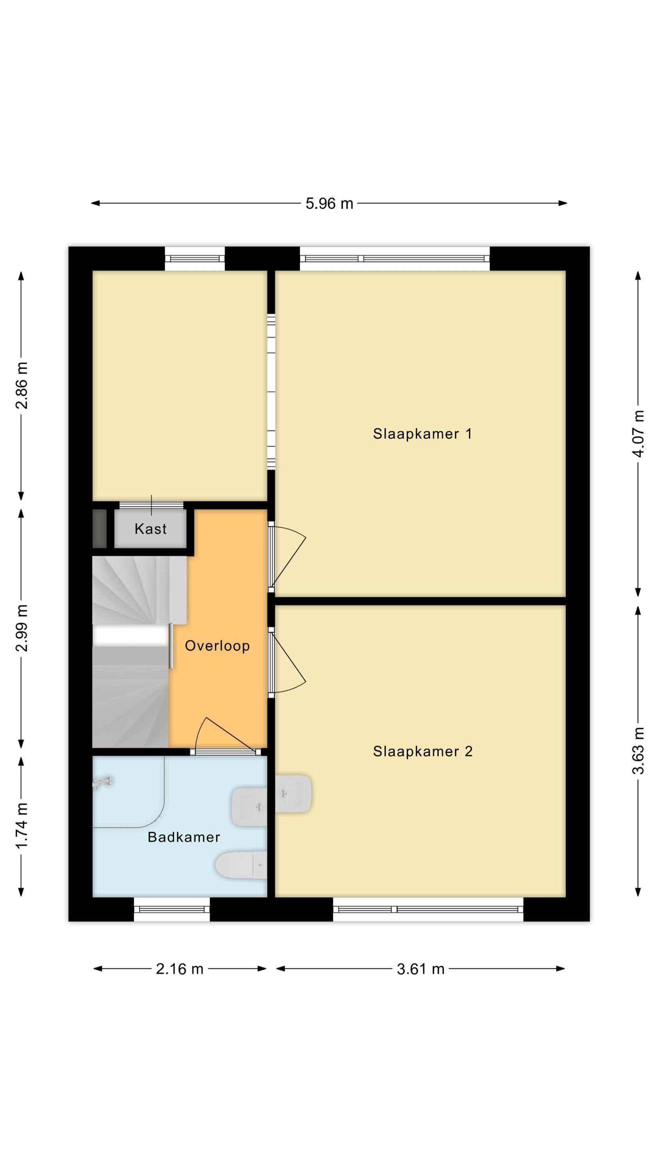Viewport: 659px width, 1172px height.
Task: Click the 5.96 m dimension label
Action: click(x=329, y=204)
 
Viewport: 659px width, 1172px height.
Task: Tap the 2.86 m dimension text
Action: click(x=21, y=385)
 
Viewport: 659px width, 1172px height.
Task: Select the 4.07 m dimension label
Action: click(x=639, y=434)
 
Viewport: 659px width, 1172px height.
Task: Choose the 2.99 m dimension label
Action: click(x=21, y=628)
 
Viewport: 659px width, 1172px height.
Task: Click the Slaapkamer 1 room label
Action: click(x=422, y=434)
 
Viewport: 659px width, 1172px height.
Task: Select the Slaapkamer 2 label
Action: click(x=423, y=751)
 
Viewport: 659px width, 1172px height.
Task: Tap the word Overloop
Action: click(x=217, y=646)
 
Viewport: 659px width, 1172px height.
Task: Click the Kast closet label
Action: click(x=151, y=529)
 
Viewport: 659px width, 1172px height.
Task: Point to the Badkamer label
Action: click(x=184, y=837)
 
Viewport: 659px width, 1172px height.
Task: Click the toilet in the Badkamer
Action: click(x=241, y=865)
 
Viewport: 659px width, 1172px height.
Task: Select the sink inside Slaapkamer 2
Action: click(x=293, y=794)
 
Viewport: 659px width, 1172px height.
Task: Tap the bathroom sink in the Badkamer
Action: click(x=249, y=807)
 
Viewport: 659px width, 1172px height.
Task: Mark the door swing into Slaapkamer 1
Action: click(x=288, y=556)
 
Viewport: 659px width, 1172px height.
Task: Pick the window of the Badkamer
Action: click(x=172, y=910)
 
